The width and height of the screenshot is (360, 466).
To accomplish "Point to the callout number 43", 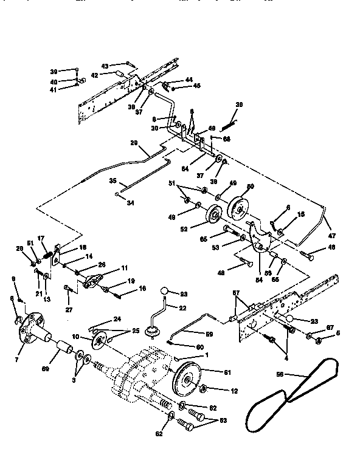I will click(x=104, y=66).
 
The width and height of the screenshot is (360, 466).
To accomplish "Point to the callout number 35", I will click(x=112, y=180).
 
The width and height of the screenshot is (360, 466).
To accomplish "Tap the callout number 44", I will click(x=189, y=80).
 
